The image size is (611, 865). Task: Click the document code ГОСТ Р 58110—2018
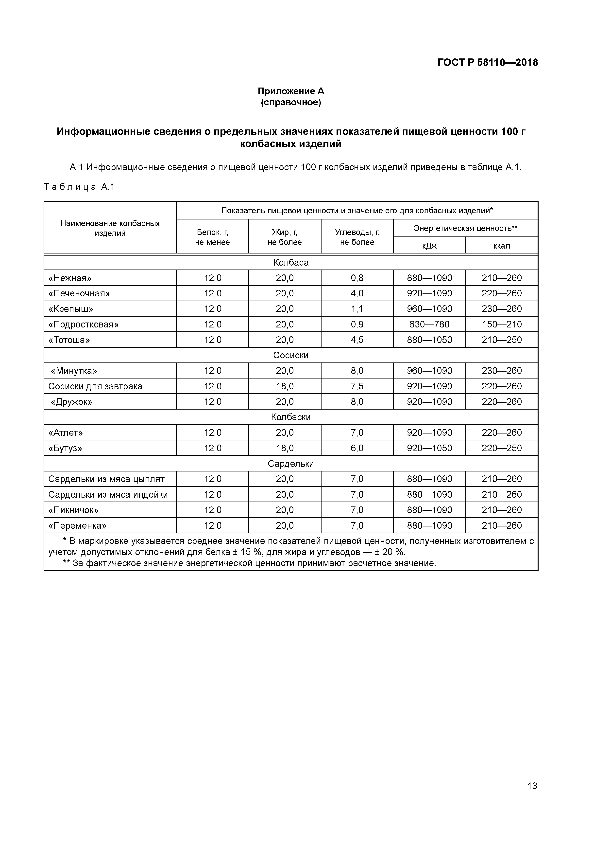(488, 63)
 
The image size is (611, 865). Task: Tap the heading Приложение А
(291, 91)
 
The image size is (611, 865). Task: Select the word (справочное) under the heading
(291, 103)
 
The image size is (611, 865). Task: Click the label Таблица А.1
(79, 187)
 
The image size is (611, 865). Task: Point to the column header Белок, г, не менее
(212, 237)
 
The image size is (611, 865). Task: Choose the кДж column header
(429, 246)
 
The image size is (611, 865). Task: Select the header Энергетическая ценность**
(465, 228)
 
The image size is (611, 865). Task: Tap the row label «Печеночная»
(79, 293)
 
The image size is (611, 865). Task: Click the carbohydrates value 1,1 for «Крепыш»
(357, 309)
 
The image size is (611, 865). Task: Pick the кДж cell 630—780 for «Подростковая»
(429, 324)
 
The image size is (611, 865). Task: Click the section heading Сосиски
(291, 355)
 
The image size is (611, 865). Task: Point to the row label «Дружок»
(71, 402)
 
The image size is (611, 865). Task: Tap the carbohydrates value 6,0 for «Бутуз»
(357, 448)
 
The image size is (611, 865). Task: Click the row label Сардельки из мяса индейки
(108, 495)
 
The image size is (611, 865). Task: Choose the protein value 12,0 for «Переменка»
(212, 525)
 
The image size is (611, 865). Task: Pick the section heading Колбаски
(291, 417)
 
